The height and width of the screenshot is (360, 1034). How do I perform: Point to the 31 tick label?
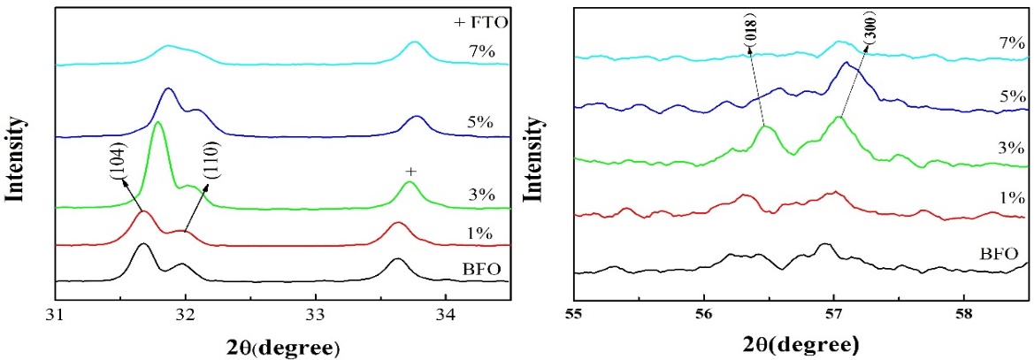click(x=56, y=312)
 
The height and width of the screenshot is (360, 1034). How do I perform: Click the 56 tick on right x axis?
click(x=704, y=312)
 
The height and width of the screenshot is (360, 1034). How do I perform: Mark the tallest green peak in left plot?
click(x=158, y=123)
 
